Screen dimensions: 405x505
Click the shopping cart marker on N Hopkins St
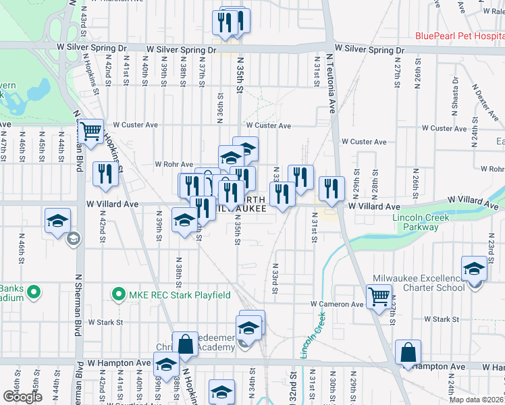coord(90,130)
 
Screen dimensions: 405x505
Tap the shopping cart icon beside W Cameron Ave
coord(379,296)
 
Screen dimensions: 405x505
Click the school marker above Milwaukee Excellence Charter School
coord(475,269)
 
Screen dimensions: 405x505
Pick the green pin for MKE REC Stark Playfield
coord(119,295)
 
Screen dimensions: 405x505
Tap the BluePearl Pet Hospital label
coord(459,36)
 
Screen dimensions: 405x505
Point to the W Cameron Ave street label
coord(338,304)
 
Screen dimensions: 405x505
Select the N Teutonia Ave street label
coord(331,84)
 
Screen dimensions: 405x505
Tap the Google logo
coord(22,397)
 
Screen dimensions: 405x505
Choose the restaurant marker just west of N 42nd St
coord(105,174)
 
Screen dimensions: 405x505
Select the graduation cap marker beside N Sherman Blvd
coord(58,220)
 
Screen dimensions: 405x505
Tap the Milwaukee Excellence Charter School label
coord(419,283)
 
